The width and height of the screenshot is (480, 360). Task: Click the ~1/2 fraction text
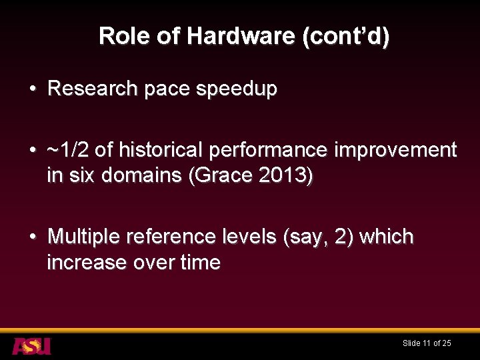[69, 150]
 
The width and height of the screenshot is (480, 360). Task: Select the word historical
[159, 150]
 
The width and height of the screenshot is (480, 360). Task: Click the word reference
[176, 237]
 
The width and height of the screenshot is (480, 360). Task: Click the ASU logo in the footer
[31, 345]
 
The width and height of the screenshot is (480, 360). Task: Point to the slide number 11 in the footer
[426, 343]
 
